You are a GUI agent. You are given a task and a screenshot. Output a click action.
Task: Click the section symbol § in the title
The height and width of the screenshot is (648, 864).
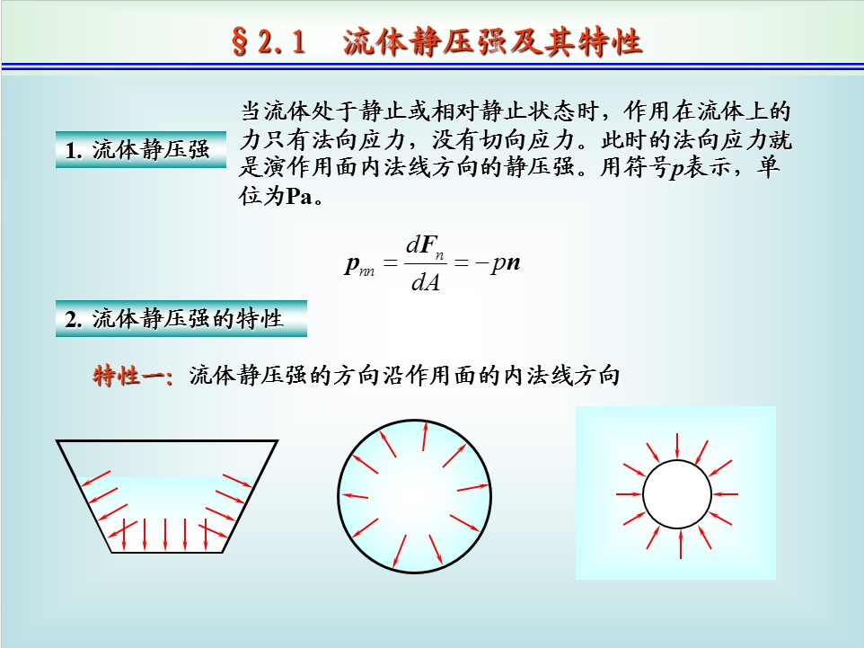240,41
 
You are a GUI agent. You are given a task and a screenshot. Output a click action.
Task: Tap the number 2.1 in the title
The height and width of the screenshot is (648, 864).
281,42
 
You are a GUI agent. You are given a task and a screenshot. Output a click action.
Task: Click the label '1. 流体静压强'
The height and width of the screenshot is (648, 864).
137,149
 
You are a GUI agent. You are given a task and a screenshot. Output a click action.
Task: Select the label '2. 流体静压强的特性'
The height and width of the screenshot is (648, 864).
173,319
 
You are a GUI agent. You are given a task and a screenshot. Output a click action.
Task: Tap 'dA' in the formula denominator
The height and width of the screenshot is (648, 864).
426,282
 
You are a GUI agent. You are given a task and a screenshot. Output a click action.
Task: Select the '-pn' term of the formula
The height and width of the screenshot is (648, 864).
498,263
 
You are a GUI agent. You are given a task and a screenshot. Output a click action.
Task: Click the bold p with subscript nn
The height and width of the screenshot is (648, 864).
359,265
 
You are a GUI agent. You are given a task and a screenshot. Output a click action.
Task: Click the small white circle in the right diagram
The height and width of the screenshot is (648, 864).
676,494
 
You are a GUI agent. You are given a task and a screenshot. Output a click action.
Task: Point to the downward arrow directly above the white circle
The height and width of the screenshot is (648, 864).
677,446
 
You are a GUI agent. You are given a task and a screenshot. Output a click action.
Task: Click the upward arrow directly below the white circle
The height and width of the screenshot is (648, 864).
681,544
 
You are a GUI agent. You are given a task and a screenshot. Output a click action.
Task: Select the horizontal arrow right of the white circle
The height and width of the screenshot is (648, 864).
725,494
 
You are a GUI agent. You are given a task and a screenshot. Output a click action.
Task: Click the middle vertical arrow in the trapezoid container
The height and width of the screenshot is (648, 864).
165,535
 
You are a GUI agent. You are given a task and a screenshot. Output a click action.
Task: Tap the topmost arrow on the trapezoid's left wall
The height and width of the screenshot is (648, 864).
96,478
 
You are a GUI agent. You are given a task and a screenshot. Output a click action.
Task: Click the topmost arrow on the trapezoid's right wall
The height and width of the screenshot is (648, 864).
237,480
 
